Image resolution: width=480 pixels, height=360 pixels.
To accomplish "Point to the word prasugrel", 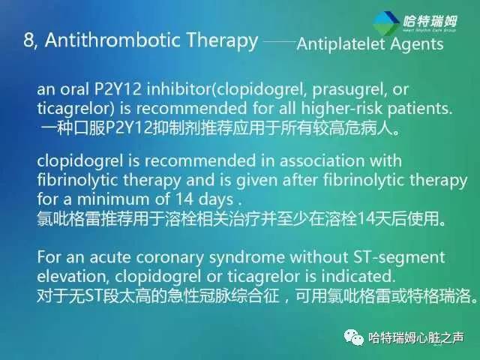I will (338, 90).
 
